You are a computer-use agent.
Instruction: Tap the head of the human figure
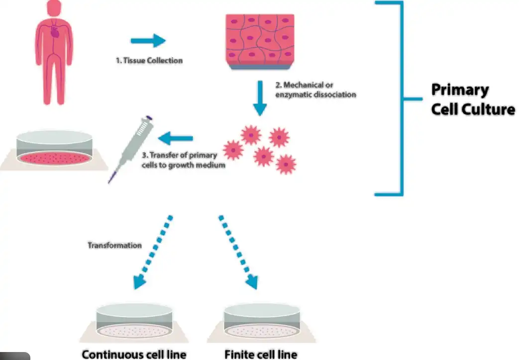(x=54, y=7)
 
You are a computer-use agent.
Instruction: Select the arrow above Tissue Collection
(x=148, y=41)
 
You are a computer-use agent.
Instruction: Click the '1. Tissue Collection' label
(x=149, y=60)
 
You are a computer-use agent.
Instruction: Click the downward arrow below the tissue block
(x=260, y=98)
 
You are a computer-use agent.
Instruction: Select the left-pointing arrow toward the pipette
(x=176, y=138)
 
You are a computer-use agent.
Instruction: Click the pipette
(x=130, y=149)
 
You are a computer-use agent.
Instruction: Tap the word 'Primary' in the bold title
(x=460, y=90)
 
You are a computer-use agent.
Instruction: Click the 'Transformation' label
(x=114, y=245)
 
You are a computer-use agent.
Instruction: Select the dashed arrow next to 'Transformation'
(x=153, y=252)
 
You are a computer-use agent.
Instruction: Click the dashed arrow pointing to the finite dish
(x=238, y=252)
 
